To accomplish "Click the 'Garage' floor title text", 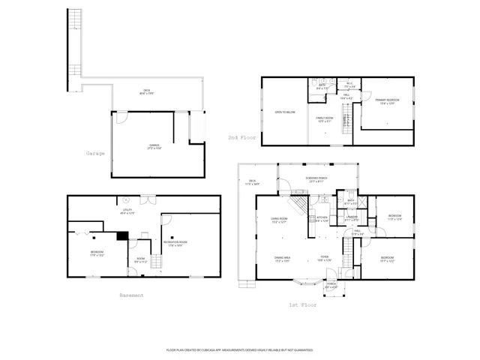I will [95, 153].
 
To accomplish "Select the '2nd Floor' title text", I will [242, 138].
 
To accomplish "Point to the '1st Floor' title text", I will [302, 305].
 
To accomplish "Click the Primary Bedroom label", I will [387, 101].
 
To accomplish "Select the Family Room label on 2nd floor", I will [324, 119].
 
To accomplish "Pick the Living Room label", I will [280, 220].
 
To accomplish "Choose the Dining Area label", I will [283, 259].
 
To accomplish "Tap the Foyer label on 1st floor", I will [325, 259].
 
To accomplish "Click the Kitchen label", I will [322, 220].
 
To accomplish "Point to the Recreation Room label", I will [176, 243].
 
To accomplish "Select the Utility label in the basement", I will [127, 212].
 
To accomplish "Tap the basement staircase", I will [156, 262].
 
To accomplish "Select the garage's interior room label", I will [154, 148].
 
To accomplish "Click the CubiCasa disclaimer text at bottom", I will [239, 349].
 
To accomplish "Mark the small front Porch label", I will [331, 286].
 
